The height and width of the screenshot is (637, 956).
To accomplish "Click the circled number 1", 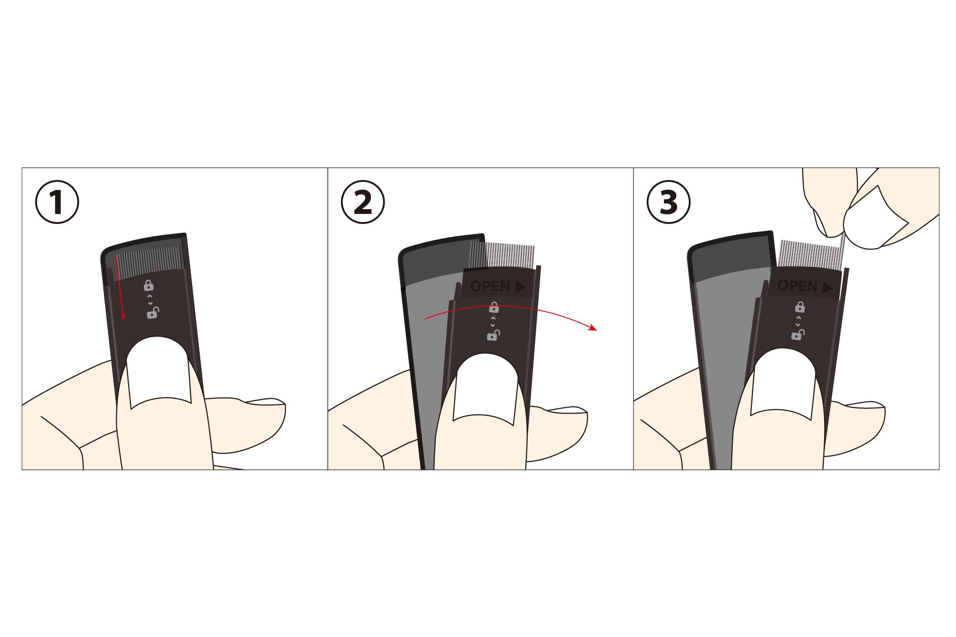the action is [x=57, y=203].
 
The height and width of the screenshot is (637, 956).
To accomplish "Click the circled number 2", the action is [x=363, y=203].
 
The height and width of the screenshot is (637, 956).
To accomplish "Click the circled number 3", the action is [x=669, y=203].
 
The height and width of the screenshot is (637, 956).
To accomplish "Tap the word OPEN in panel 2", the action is [x=490, y=286].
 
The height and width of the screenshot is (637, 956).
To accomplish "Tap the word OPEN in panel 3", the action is [x=797, y=286].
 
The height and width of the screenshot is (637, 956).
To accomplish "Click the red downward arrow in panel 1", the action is [x=119, y=287].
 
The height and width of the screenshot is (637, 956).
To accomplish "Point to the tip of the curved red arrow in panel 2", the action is [x=597, y=329].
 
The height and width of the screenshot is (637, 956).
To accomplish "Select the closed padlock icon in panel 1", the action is [x=149, y=286].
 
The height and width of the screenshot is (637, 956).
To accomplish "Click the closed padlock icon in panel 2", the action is [x=494, y=308].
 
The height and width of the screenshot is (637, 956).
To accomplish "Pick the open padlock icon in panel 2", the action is [x=493, y=335].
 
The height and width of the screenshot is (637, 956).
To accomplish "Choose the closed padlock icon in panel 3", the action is [x=799, y=307].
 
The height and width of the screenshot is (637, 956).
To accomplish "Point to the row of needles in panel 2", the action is [x=502, y=257].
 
